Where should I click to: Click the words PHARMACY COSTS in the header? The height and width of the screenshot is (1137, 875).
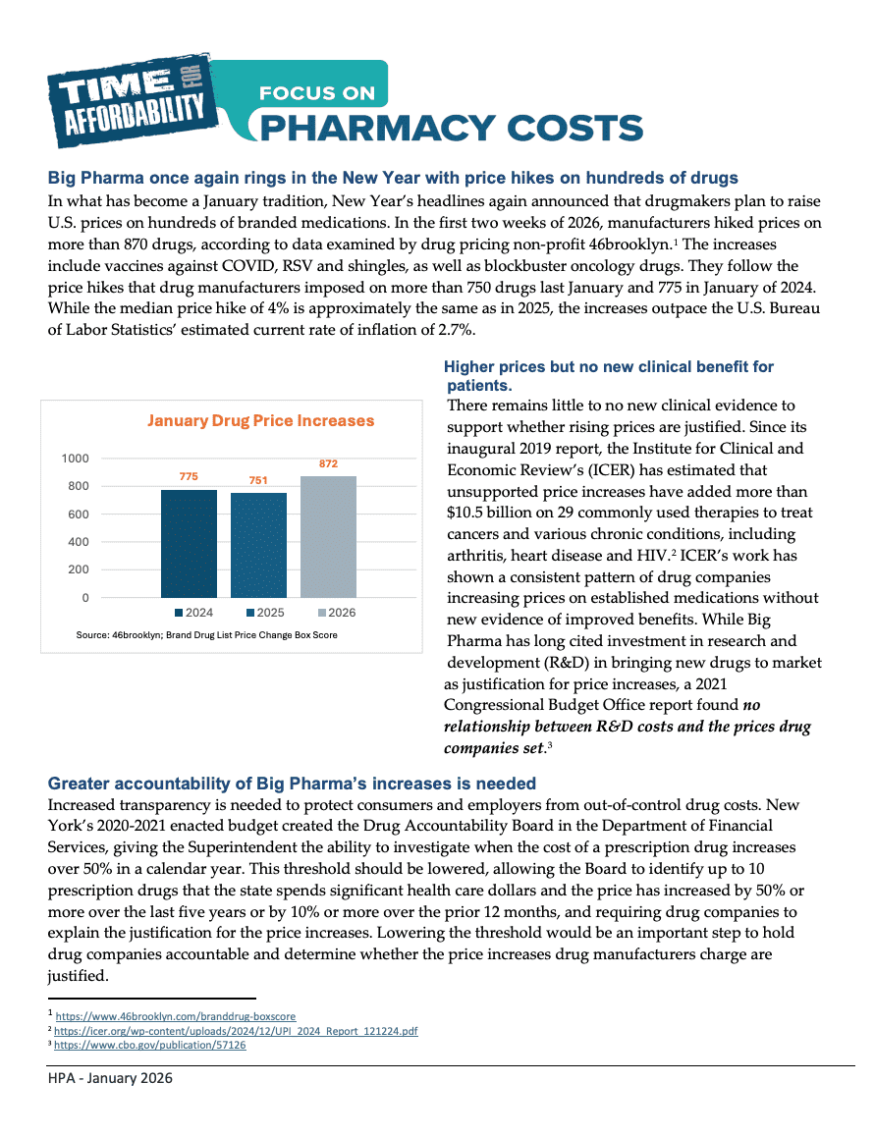(446, 128)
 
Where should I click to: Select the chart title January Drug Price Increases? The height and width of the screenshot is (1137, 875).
(260, 421)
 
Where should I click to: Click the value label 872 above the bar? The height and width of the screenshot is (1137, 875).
(328, 461)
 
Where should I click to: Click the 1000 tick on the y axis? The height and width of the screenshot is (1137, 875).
(75, 459)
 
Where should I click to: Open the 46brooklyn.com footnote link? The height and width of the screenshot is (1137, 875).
(175, 1016)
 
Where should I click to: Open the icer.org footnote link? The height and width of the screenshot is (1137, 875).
(237, 1031)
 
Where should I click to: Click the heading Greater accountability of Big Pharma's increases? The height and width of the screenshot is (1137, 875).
(292, 783)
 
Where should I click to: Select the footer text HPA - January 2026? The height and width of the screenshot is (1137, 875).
(110, 1079)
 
